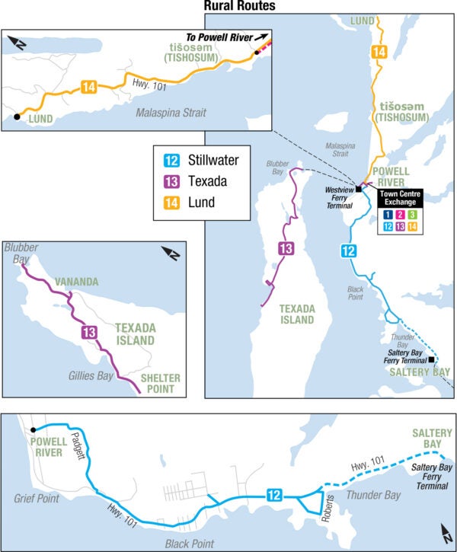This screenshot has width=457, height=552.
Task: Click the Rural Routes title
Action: [x=239, y=7]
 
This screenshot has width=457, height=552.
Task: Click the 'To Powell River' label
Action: [x=221, y=36]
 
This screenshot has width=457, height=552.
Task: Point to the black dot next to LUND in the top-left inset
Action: [x=17, y=117]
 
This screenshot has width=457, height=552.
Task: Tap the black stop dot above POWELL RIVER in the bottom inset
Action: [x=33, y=430]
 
